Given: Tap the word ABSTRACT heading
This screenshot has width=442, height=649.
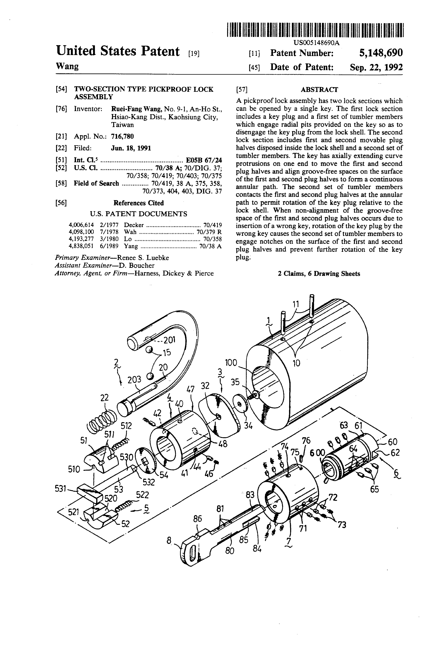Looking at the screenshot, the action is tap(319, 90).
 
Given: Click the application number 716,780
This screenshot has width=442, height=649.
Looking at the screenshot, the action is tap(122, 136).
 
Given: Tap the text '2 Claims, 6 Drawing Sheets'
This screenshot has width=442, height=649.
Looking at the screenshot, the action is tap(319, 274).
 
